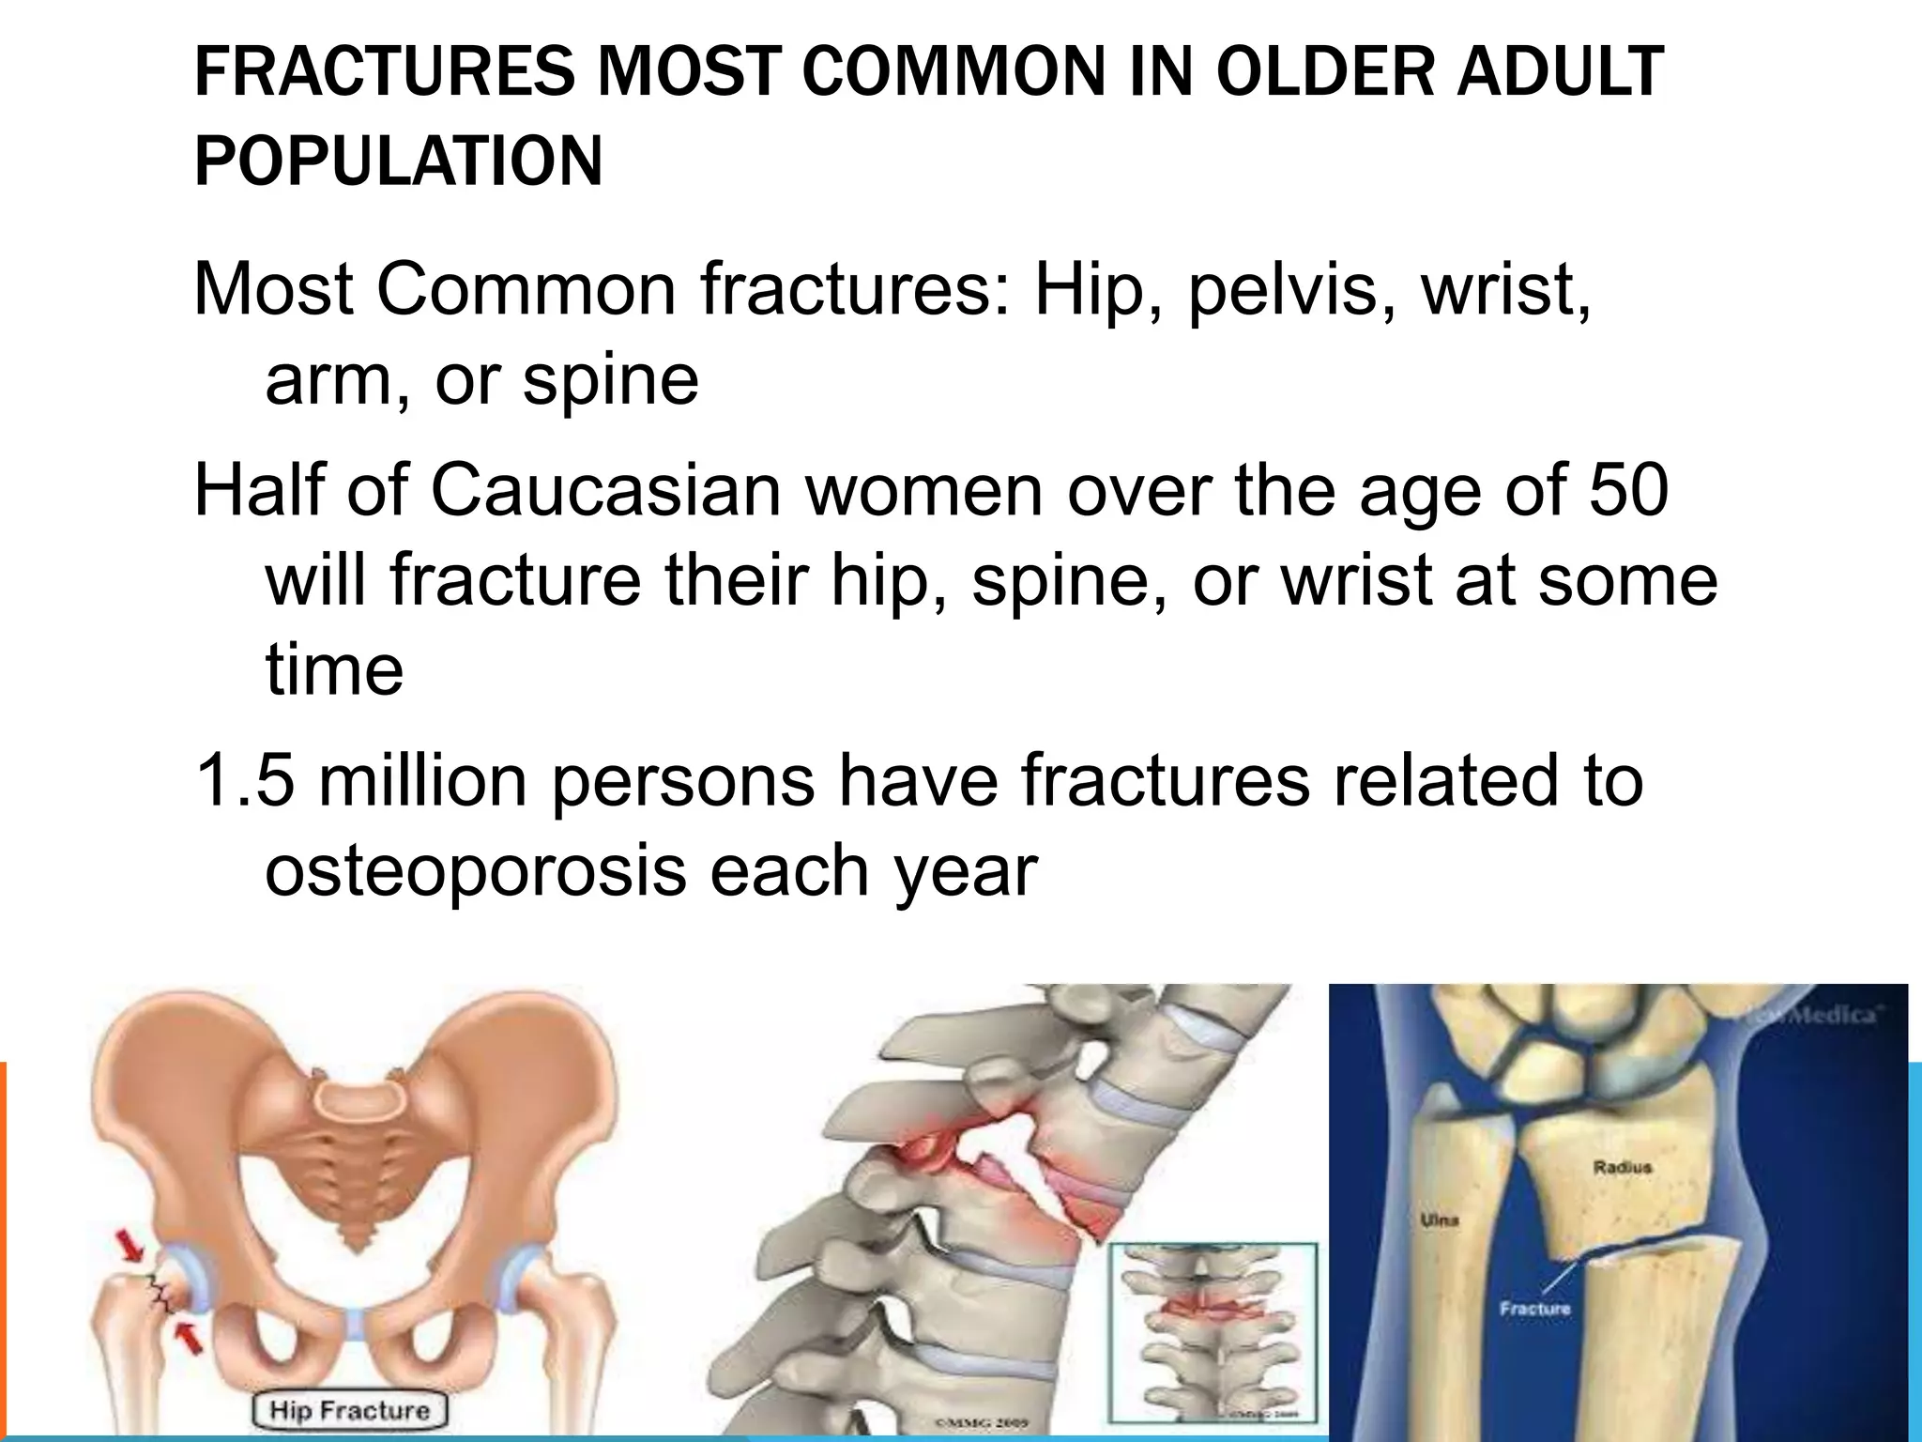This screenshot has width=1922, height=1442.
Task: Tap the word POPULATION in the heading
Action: [x=398, y=161]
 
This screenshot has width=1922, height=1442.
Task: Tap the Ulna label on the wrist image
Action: [x=1439, y=1222]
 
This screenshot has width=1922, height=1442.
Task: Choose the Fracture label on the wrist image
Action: [x=1534, y=1308]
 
